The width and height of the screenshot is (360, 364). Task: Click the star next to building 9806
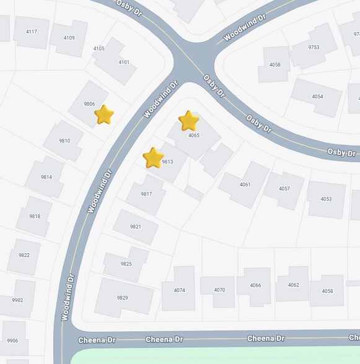[104, 115]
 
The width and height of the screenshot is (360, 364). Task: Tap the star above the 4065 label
[188, 121]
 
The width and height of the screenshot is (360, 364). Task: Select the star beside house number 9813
[153, 158]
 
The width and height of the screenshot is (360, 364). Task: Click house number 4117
[32, 32]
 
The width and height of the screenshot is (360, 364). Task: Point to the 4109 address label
[69, 38]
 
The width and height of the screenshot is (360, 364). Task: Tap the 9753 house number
[314, 47]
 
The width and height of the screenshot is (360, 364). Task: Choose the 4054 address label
[317, 97]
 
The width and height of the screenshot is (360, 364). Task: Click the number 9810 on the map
[64, 141]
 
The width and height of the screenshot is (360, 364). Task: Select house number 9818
[35, 216]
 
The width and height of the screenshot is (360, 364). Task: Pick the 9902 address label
[17, 300]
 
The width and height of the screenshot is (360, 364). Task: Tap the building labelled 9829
[123, 298]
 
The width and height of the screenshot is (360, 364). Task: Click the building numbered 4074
[179, 290]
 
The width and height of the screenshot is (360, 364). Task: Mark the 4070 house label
[219, 290]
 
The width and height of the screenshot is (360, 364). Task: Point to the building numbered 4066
[255, 285]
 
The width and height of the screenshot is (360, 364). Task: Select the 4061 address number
[245, 184]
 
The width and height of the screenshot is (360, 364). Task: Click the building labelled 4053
[326, 199]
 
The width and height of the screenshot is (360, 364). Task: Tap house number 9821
[136, 227]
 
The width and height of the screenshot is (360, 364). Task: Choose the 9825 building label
[126, 264]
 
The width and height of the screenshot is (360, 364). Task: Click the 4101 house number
[124, 62]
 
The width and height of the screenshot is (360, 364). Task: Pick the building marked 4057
[284, 189]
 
